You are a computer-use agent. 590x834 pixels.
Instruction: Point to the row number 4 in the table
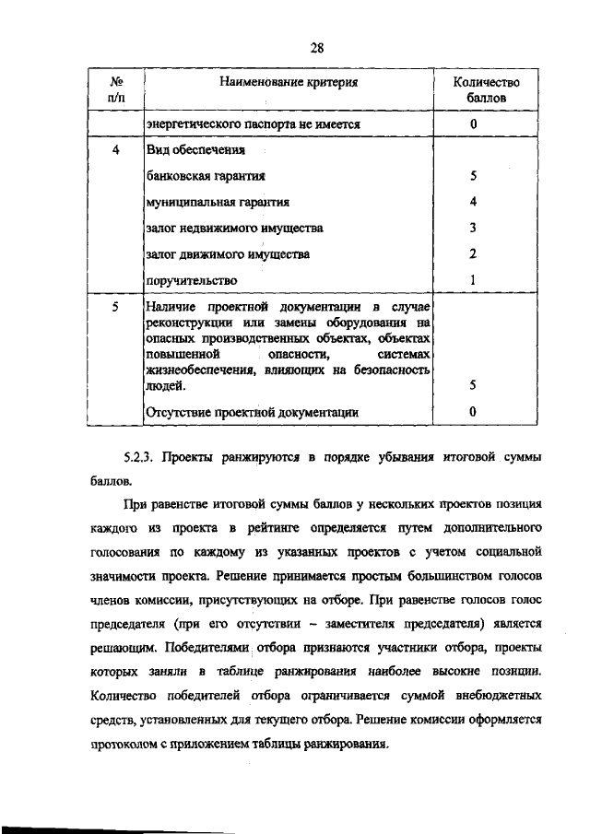[116, 149]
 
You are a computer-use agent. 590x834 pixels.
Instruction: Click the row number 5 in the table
[116, 303]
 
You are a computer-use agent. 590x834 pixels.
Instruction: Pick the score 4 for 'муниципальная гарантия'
[472, 201]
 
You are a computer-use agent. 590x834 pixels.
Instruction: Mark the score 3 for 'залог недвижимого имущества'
[472, 227]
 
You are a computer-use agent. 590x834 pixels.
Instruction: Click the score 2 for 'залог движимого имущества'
[472, 253]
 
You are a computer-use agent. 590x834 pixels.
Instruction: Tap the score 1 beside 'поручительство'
[472, 279]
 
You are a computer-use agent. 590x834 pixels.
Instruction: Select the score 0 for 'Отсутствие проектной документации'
[472, 414]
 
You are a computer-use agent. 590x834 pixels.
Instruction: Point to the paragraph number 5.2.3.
[142, 457]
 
